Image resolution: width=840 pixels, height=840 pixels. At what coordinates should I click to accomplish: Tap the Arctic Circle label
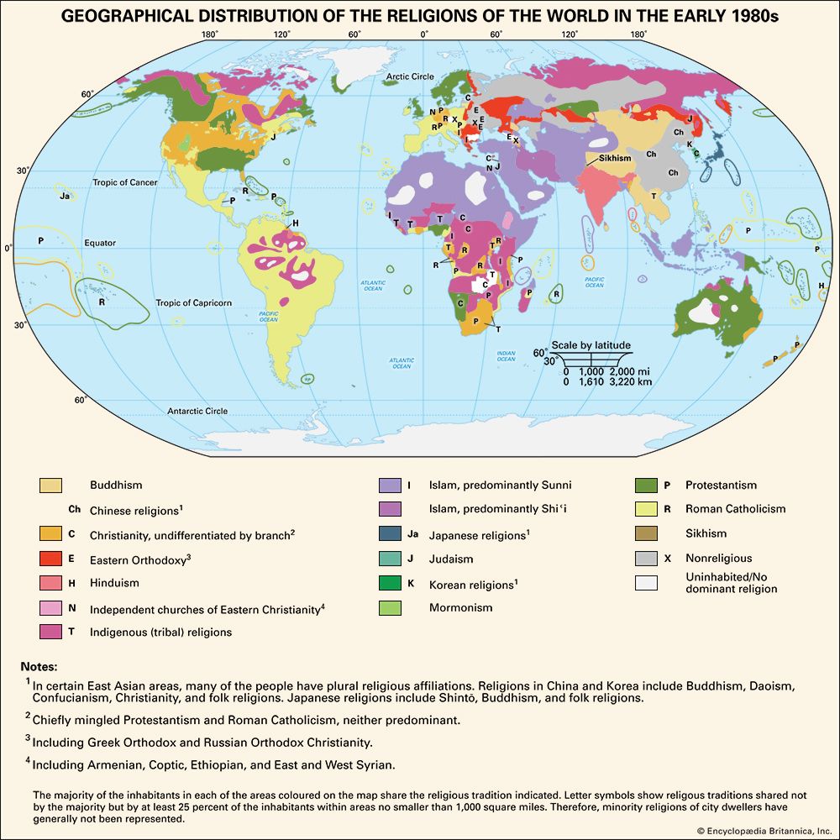pyautogui.click(x=410, y=76)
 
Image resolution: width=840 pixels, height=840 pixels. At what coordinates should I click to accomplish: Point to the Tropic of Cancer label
pyautogui.click(x=125, y=182)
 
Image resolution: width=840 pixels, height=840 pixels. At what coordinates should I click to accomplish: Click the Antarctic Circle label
pyautogui.click(x=197, y=411)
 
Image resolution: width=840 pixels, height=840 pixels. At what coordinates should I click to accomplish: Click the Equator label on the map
pyautogui.click(x=100, y=243)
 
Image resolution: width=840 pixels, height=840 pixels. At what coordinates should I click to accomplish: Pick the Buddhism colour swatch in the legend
pyautogui.click(x=50, y=486)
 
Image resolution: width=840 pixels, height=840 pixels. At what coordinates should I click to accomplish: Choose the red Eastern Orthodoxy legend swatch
pyautogui.click(x=50, y=558)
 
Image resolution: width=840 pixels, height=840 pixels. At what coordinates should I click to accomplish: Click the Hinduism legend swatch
pyautogui.click(x=50, y=582)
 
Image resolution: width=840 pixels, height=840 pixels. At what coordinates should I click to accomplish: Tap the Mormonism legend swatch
pyautogui.click(x=390, y=607)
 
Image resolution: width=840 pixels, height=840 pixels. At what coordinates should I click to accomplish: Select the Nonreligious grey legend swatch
pyautogui.click(x=647, y=558)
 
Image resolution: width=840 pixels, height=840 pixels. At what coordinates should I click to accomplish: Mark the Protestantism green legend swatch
pyautogui.click(x=647, y=486)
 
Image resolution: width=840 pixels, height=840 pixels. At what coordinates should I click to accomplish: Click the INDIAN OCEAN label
pyautogui.click(x=506, y=356)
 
